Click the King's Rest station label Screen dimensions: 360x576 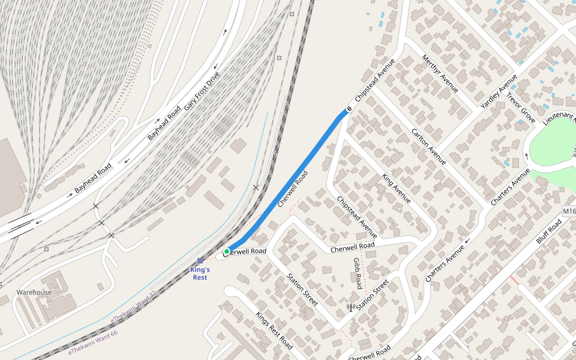200,274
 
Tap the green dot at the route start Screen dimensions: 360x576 227,251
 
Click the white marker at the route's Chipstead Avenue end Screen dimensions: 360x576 349,109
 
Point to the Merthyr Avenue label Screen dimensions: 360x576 440,74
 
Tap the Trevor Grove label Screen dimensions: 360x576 520,107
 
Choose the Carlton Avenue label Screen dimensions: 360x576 428,146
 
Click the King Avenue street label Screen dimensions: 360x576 397,188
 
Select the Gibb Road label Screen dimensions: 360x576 358,274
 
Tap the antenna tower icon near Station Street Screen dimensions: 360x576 350,307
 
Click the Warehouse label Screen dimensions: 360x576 34,292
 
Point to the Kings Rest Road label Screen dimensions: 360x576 274,331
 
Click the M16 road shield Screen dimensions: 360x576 569,211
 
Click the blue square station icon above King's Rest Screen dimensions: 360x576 200,261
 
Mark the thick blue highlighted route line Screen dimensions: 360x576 288,180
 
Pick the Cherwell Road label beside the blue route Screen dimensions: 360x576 293,190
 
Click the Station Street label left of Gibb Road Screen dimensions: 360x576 302,290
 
